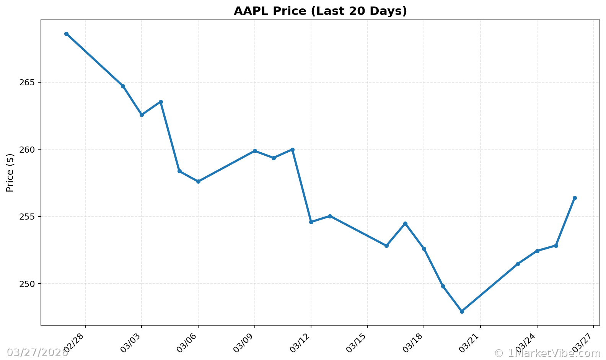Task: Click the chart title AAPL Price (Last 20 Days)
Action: coord(320,11)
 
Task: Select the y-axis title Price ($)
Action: coord(10,173)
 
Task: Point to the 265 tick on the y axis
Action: coord(27,83)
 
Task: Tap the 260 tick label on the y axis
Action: coord(27,150)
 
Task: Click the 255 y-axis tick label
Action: coord(27,217)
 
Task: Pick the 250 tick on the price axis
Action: coord(27,284)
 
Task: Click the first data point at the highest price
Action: coord(66,34)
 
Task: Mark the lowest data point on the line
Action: coord(462,311)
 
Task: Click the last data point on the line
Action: coord(575,198)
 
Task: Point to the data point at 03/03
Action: coord(142,115)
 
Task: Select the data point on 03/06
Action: coord(198,181)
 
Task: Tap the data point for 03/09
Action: coord(255,151)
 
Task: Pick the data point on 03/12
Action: coord(311,222)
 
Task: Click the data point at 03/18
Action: coord(424,249)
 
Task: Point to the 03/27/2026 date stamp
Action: coord(37,352)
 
